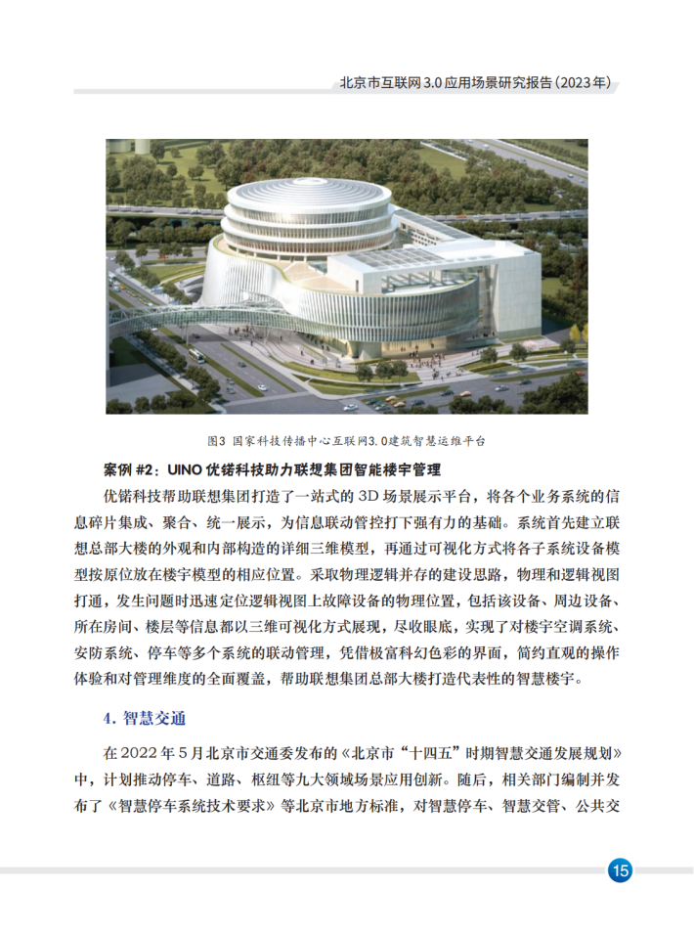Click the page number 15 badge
coord(620,869)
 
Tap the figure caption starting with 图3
coord(346,441)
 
